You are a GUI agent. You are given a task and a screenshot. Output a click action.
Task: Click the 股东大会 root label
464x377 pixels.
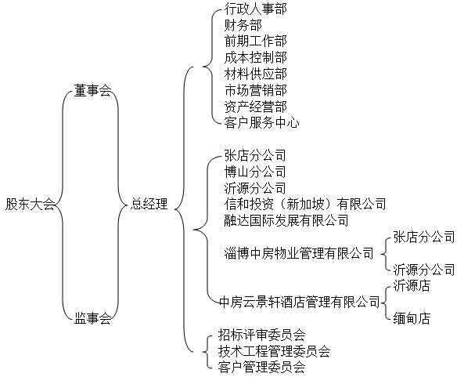pyautogui.click(x=31, y=205)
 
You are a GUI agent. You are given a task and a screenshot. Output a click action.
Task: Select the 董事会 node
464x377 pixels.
pyautogui.click(x=92, y=90)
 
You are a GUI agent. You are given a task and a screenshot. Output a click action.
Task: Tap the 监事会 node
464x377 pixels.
pyautogui.click(x=92, y=318)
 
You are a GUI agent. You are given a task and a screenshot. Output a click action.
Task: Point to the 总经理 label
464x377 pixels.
pyautogui.click(x=149, y=204)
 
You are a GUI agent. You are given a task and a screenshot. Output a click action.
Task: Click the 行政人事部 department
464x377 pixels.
pyautogui.click(x=255, y=9)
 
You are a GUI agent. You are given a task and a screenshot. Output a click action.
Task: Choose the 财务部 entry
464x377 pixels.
pyautogui.click(x=243, y=25)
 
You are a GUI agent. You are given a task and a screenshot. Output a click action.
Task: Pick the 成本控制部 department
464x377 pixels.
pyautogui.click(x=255, y=57)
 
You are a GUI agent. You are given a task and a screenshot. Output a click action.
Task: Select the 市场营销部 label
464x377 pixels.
pyautogui.click(x=255, y=90)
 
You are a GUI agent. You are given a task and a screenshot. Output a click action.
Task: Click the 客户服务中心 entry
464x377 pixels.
pyautogui.click(x=261, y=123)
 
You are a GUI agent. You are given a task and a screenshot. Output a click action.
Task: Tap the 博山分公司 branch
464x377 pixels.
pyautogui.click(x=255, y=172)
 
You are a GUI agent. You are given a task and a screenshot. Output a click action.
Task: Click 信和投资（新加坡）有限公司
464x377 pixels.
pyautogui.click(x=305, y=204)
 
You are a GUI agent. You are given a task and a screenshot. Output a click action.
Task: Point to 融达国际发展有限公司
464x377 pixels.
pyautogui.click(x=286, y=220)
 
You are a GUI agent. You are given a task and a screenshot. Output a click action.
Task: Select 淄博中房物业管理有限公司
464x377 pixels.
pyautogui.click(x=299, y=253)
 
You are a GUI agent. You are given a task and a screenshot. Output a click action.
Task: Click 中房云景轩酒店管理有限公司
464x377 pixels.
pyautogui.click(x=300, y=302)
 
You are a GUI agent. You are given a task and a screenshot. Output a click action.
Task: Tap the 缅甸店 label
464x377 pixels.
pyautogui.click(x=412, y=318)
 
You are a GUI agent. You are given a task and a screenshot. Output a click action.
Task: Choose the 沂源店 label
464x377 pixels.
pyautogui.click(x=412, y=286)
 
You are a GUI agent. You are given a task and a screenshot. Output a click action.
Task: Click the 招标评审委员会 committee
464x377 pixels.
pyautogui.click(x=261, y=335)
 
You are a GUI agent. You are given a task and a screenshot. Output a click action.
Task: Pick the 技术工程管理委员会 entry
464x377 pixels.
pyautogui.click(x=274, y=351)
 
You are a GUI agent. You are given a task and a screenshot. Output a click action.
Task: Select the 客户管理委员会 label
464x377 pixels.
pyautogui.click(x=261, y=368)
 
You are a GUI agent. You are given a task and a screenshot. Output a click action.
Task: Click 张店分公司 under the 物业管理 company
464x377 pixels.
pyautogui.click(x=424, y=237)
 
